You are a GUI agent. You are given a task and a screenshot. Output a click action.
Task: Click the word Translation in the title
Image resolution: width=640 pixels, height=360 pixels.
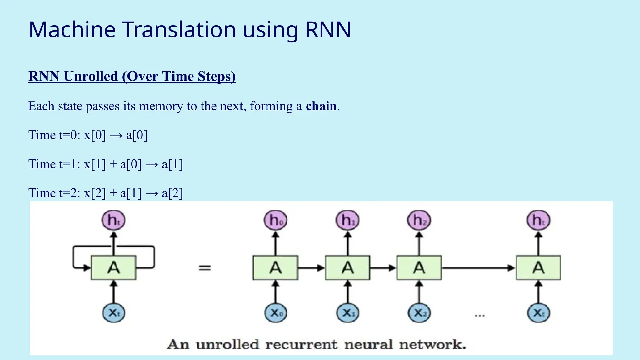tap(179, 30)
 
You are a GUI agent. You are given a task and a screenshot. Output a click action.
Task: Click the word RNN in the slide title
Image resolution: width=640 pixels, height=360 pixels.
tap(328, 30)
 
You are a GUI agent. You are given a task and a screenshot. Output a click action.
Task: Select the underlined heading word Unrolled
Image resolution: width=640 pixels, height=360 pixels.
tap(91, 76)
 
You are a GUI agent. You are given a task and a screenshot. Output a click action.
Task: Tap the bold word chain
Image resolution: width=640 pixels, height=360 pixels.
tap(321, 106)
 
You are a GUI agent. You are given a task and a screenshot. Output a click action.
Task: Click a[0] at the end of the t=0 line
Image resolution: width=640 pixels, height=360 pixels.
tap(137, 135)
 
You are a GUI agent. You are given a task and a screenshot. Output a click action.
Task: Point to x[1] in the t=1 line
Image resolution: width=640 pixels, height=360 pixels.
tap(95, 164)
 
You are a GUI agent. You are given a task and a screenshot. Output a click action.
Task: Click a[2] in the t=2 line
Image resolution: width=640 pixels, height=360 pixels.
tap(172, 193)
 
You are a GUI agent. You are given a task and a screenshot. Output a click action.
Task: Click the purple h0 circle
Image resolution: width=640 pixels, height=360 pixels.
tap(275, 220)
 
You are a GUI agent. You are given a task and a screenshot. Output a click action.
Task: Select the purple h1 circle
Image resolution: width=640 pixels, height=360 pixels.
tap(347, 220)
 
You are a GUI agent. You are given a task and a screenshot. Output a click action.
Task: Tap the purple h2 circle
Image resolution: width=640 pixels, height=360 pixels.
tap(419, 220)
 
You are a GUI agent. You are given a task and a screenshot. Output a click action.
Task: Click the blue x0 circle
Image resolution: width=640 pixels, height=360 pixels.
tap(275, 312)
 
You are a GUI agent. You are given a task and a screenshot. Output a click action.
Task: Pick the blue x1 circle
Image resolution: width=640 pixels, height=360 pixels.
tap(347, 312)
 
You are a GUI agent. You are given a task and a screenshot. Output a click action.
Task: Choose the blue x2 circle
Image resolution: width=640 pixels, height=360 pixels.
tap(419, 312)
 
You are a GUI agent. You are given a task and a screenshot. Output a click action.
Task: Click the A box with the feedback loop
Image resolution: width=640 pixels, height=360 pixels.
tap(114, 268)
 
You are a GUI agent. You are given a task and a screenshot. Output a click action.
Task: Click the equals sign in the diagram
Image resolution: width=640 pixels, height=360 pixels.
tap(205, 268)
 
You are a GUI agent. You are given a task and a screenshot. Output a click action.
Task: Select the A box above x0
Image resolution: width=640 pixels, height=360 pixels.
tap(275, 268)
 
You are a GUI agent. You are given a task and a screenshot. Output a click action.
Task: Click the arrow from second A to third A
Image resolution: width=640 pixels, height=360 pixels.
tap(383, 268)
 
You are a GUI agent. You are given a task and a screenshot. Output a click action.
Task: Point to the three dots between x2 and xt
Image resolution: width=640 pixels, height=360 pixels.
tap(480, 316)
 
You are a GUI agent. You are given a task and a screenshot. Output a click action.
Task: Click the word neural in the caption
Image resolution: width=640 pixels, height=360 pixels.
tap(368, 344)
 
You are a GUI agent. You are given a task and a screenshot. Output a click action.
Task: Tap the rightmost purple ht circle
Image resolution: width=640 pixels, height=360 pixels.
tap(538, 220)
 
